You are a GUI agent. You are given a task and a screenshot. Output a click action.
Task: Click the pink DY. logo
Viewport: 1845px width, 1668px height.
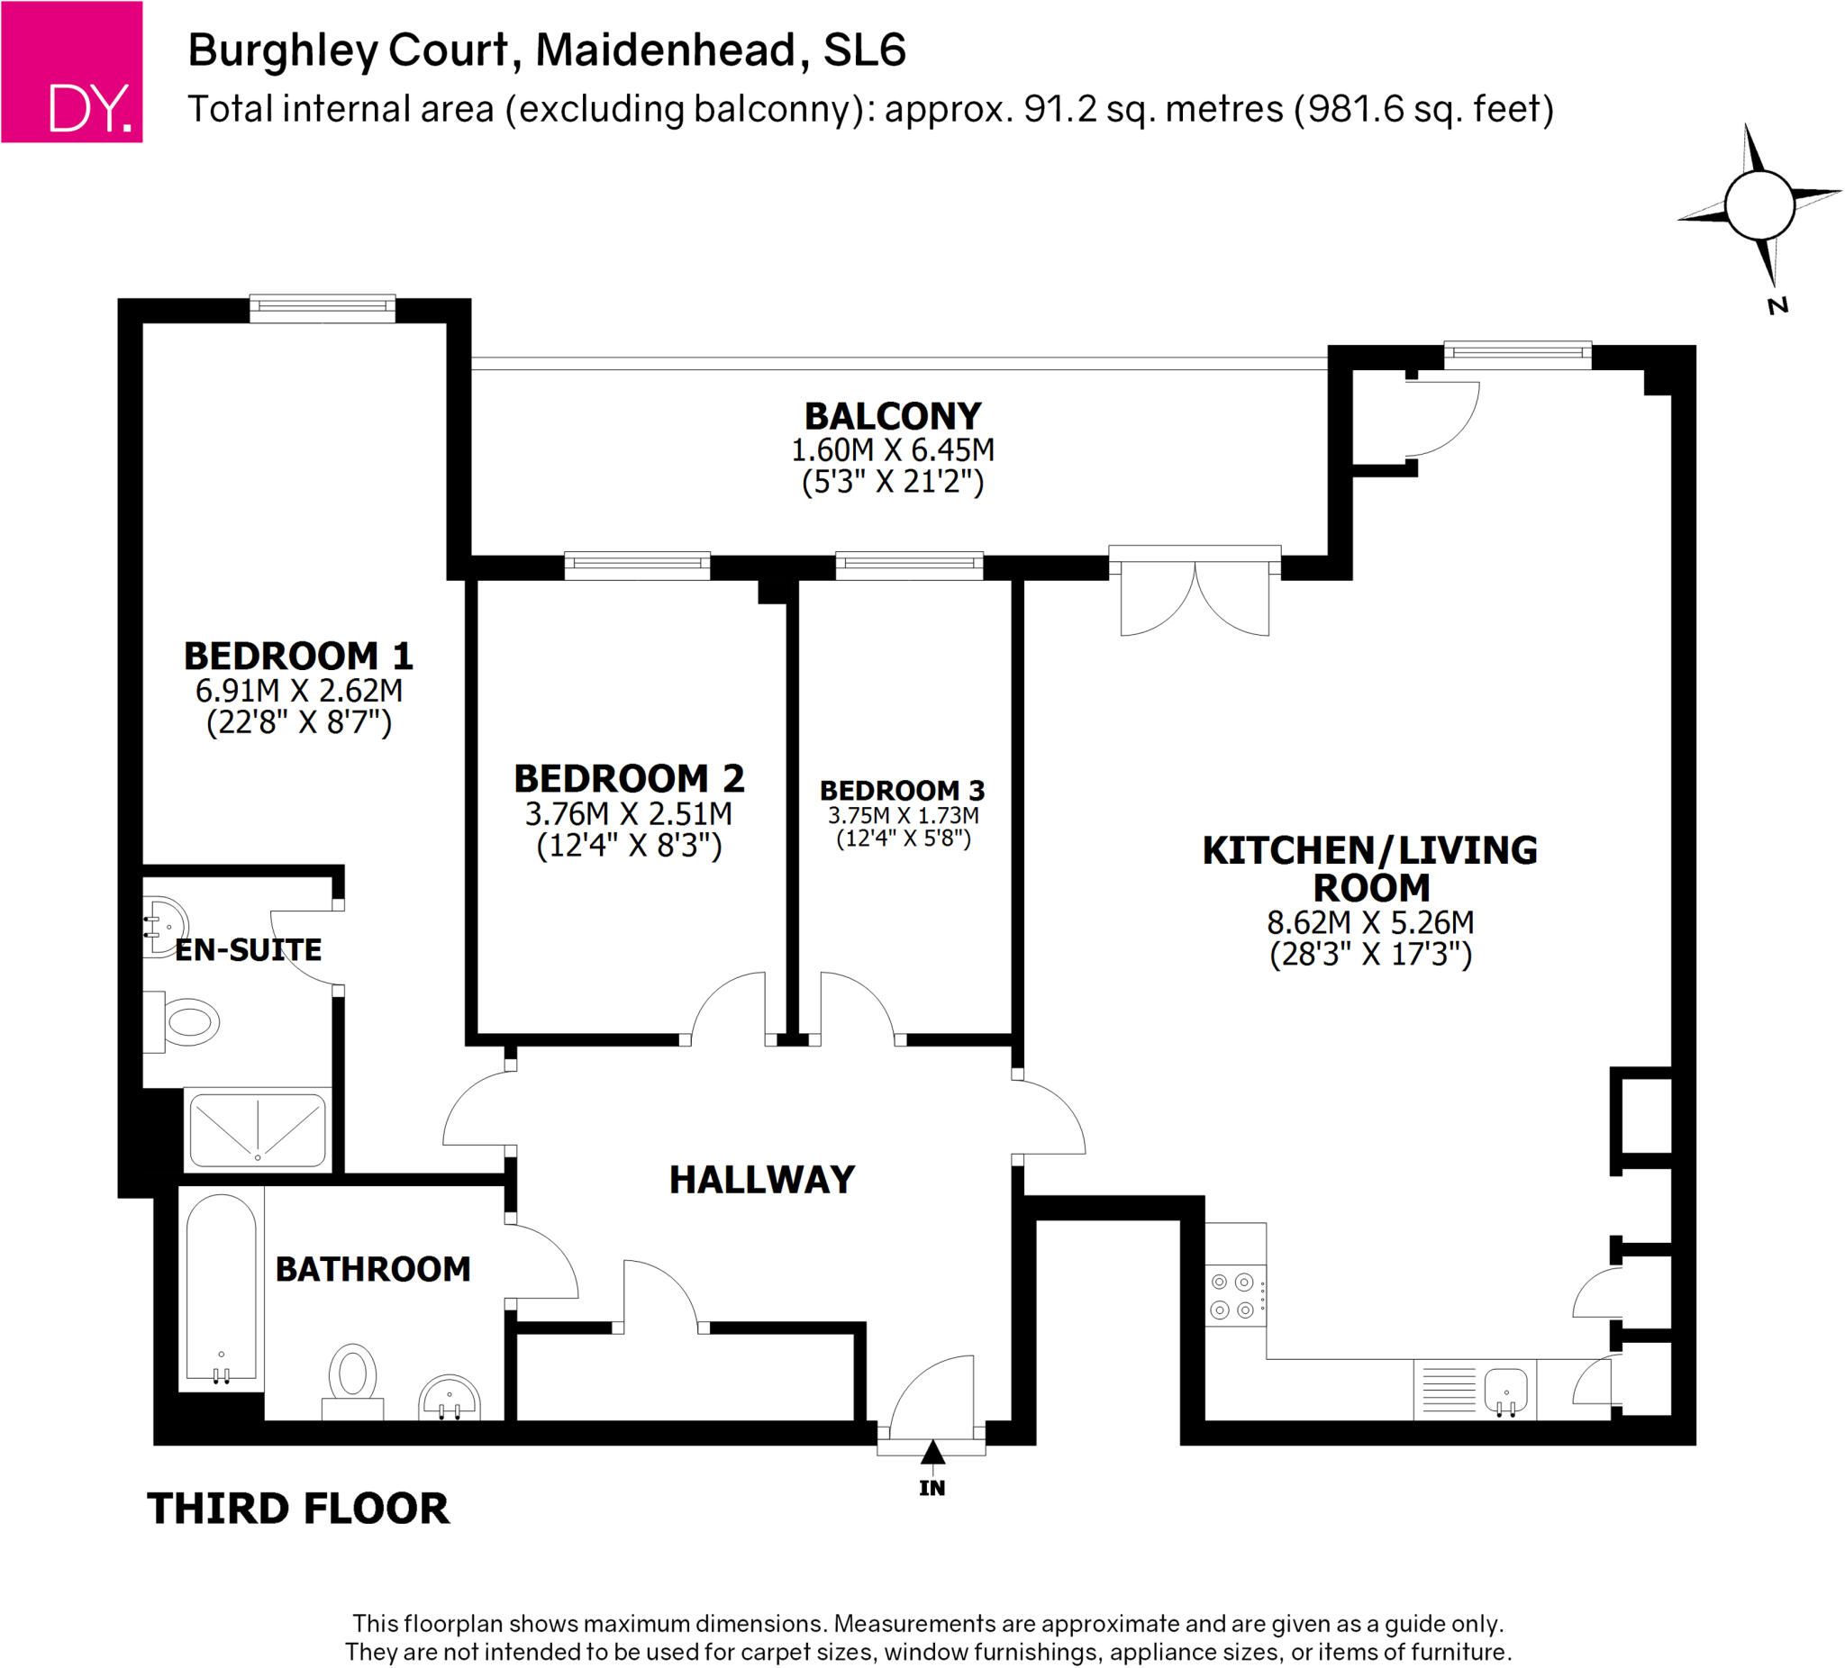click(71, 71)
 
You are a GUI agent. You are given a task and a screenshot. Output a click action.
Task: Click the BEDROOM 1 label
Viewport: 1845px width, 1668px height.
click(298, 656)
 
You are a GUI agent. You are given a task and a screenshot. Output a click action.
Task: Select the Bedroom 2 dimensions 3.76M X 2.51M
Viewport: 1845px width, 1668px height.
click(629, 813)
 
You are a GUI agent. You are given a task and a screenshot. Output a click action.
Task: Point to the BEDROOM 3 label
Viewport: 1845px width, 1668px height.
click(903, 791)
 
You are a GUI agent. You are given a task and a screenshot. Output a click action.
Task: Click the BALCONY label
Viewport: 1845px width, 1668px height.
click(892, 416)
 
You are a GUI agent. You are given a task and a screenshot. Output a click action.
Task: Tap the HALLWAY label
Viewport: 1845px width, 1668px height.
click(762, 1180)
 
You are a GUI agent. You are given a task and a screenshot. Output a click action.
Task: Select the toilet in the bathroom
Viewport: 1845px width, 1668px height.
click(352, 1381)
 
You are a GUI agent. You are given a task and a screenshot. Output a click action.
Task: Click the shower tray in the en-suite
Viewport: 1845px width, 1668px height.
click(258, 1131)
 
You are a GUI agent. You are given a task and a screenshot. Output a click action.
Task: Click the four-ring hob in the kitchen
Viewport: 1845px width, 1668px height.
click(1235, 1297)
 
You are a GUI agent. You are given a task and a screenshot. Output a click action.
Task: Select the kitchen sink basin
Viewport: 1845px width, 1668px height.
click(1505, 1388)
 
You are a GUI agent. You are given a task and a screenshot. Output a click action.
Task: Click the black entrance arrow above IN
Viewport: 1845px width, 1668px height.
click(932, 1452)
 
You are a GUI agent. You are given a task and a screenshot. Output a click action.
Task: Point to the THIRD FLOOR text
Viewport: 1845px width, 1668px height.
click(298, 1509)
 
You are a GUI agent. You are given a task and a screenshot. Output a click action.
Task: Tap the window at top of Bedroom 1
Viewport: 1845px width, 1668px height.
click(323, 308)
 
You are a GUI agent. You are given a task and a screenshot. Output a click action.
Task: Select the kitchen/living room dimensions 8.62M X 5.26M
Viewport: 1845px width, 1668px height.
click(1370, 922)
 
